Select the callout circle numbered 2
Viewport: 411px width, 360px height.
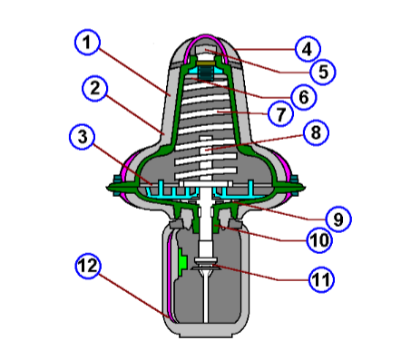point(94,88)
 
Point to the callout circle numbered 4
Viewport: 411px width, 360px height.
point(306,48)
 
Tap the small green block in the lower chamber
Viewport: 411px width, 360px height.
point(183,262)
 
